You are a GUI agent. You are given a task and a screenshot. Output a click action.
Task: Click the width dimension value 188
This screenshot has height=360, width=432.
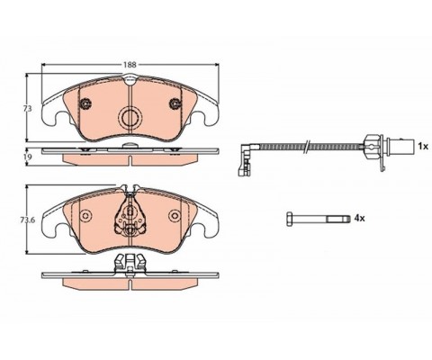[x=131, y=65]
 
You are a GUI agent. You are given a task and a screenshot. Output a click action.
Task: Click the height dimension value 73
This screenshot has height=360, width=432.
[x=28, y=108]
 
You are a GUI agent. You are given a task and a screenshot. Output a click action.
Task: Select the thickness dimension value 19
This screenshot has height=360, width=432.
[x=28, y=157]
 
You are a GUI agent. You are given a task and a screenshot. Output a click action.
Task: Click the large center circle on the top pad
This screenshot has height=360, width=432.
[x=131, y=116]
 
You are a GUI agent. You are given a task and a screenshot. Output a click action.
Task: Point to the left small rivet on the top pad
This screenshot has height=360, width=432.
[x=86, y=106]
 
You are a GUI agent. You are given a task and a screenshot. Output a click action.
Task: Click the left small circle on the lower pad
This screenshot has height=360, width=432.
[x=86, y=216]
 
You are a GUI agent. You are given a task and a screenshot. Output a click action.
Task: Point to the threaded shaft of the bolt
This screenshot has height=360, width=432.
[x=319, y=219]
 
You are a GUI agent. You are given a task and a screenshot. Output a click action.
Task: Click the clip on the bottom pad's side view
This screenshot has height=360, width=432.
[x=131, y=264]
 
